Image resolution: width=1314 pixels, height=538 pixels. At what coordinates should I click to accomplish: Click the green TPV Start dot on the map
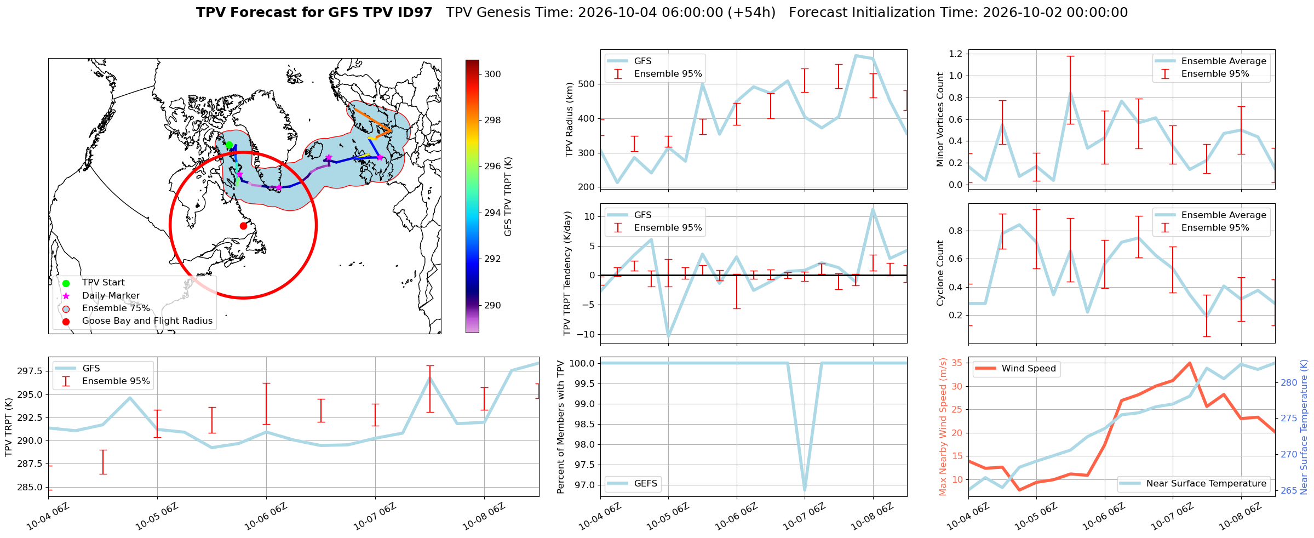(229, 145)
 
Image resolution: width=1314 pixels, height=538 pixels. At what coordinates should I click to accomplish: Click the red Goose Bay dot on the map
(243, 226)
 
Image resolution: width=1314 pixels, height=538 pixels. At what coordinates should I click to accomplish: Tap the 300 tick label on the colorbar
(493, 74)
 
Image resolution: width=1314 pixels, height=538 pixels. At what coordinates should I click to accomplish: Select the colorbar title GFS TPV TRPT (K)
(508, 197)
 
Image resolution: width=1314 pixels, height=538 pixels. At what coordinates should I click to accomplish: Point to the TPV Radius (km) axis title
(570, 119)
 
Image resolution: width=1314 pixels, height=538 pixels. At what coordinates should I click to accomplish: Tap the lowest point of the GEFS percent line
(805, 490)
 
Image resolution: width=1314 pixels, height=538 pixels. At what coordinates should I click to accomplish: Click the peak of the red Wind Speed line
(1190, 363)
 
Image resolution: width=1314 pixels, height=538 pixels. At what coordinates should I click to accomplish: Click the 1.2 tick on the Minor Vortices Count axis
(956, 54)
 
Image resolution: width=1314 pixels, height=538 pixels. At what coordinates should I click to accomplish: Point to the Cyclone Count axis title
(940, 273)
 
